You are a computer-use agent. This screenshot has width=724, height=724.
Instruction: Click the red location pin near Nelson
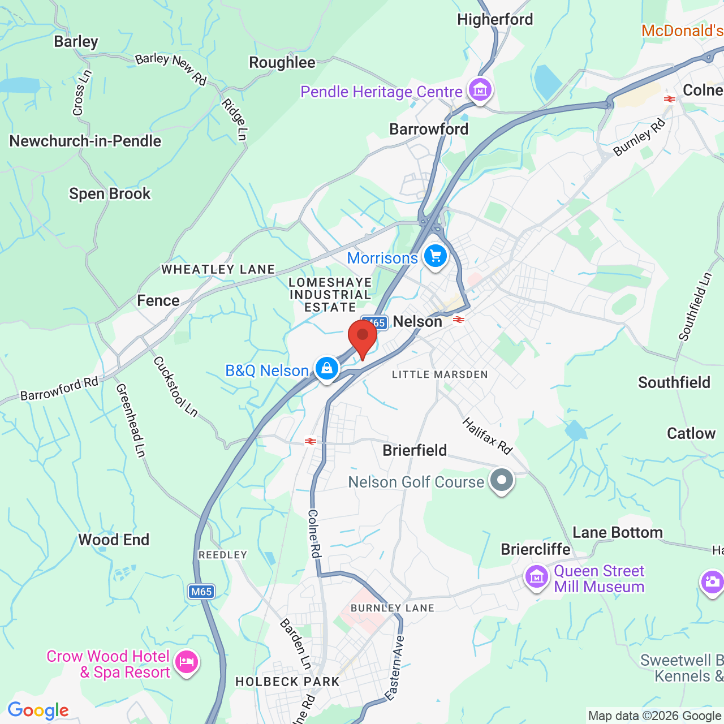click(363, 337)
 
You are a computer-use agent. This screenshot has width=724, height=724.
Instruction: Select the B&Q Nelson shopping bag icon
click(326, 369)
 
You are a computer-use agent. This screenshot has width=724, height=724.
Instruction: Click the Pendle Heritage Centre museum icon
click(480, 89)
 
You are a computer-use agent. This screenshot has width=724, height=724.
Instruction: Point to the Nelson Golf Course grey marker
click(501, 481)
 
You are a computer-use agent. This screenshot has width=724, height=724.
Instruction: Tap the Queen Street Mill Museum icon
click(537, 578)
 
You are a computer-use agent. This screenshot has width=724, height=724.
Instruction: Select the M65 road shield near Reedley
click(201, 592)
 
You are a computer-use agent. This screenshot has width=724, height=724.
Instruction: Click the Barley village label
click(76, 42)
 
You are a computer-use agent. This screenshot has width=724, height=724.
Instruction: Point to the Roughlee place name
click(282, 62)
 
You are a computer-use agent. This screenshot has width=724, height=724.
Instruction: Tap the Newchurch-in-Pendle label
click(85, 141)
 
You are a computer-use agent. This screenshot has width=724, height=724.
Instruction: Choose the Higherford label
click(495, 20)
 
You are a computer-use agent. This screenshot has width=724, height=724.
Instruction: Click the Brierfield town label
click(415, 450)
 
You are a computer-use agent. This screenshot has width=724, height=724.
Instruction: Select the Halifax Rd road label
click(487, 436)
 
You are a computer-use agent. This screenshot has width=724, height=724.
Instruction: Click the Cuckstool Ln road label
click(176, 386)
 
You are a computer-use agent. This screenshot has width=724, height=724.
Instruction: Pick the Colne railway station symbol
click(670, 99)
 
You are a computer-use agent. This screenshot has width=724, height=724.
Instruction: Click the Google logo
click(38, 710)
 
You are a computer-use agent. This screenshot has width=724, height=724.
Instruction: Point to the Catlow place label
click(691, 433)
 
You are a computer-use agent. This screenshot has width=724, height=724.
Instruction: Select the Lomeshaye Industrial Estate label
click(330, 295)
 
